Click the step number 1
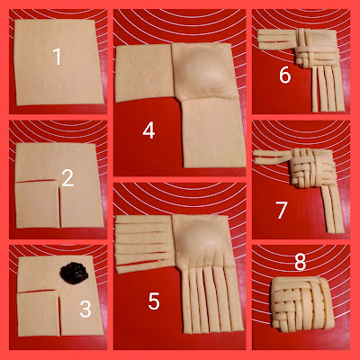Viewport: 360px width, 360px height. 57,57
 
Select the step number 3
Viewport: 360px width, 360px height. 85,309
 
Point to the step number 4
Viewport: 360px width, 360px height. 148,130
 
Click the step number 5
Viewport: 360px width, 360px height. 154,301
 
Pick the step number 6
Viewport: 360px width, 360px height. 285,75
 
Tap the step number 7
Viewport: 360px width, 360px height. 282,210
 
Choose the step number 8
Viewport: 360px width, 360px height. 300,262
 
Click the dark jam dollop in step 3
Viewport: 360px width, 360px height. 74,272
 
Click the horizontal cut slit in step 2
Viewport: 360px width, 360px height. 36,181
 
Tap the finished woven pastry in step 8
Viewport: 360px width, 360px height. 302,304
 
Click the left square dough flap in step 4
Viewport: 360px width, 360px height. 144,74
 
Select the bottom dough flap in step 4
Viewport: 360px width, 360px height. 213,133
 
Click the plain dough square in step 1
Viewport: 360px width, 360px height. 58,62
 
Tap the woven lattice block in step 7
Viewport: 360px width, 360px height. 312,168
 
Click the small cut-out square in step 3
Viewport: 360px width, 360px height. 39,313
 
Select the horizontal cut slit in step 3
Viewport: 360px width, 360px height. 37,291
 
